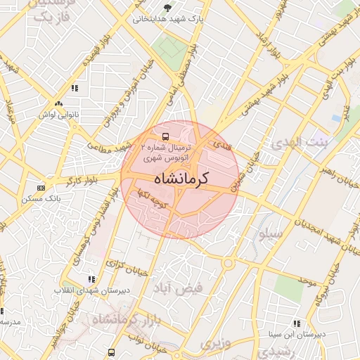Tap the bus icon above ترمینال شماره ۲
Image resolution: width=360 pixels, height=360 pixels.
(165, 136)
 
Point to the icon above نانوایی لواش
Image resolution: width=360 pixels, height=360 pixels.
(75, 88)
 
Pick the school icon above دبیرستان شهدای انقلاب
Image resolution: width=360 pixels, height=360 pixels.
(90, 279)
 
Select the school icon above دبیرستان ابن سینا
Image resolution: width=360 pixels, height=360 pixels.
(297, 323)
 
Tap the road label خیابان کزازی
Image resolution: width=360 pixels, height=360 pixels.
(123, 265)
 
